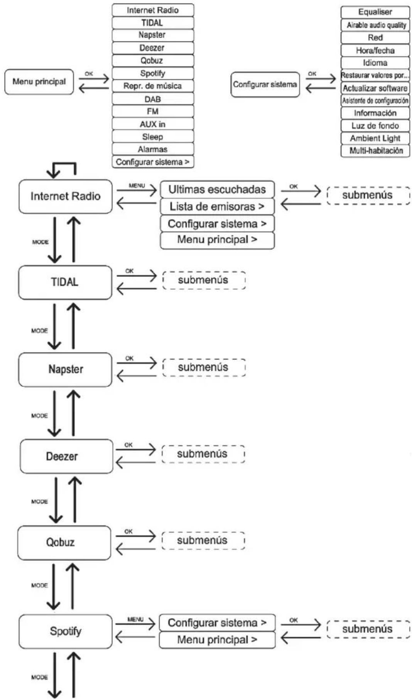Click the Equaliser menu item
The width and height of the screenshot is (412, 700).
375,12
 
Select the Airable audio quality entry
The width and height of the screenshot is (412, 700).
375,25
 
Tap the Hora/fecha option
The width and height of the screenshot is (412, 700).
375,50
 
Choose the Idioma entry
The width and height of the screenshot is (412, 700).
375,62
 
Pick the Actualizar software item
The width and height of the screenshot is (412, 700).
375,88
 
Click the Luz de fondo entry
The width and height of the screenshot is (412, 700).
375,125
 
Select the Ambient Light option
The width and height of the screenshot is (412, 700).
375,138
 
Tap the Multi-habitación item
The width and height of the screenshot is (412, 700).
375,150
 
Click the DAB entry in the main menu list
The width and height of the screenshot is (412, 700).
153,99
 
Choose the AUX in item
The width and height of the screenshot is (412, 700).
153,124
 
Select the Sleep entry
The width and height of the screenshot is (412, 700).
153,137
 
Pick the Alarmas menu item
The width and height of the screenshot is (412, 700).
153,149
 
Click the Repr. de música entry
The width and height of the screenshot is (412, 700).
153,86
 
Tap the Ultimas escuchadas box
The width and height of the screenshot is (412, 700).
217,189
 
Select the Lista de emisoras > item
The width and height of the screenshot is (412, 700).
217,206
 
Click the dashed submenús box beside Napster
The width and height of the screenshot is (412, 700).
204,367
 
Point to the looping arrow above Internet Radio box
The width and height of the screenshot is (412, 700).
62,164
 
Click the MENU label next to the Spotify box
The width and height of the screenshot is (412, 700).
135,619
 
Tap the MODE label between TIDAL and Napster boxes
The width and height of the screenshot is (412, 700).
39,331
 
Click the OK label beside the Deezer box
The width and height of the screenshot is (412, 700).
128,445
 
